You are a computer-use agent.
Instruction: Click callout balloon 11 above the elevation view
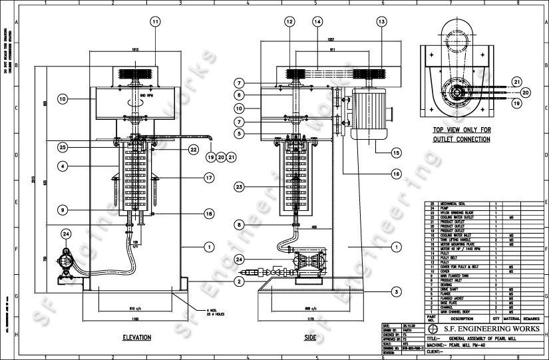click(x=155, y=22)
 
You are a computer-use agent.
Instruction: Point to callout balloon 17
click(x=209, y=178)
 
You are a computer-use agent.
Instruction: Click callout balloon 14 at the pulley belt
click(x=317, y=22)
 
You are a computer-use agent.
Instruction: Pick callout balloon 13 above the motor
click(x=381, y=22)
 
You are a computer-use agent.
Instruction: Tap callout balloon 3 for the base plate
click(x=395, y=291)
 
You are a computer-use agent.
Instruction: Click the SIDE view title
click(x=310, y=338)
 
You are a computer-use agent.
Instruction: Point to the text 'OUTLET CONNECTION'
click(x=462, y=139)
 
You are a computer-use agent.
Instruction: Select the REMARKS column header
click(x=532, y=319)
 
